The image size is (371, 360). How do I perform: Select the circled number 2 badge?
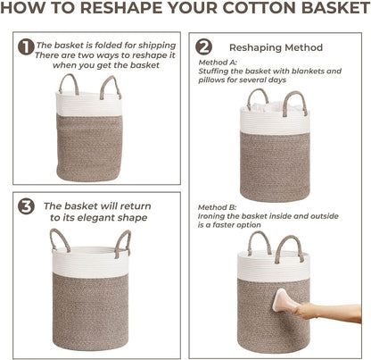[203, 46]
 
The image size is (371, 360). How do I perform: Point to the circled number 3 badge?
[27, 205]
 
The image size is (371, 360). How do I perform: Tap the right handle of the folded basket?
[110, 86]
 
